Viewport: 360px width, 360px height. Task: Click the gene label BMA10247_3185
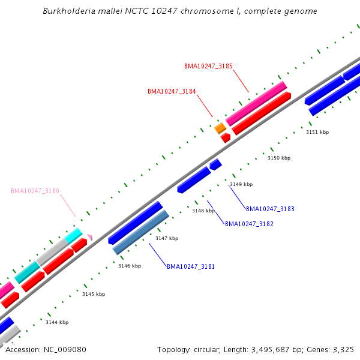208,66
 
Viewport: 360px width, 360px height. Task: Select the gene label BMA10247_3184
172,91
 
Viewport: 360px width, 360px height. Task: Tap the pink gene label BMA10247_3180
35,191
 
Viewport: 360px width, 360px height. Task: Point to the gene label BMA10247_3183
270,209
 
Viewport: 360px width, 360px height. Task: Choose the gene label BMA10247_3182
249,224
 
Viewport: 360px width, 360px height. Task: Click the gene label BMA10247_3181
191,266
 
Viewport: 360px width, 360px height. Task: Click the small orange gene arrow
220,128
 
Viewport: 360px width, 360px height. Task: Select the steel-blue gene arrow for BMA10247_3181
140,232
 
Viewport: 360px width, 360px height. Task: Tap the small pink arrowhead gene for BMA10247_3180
89,237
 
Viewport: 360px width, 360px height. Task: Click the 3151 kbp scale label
317,132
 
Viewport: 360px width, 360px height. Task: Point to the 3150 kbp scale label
278,158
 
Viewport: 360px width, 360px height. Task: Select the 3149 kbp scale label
241,184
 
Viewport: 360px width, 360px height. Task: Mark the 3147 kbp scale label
167,238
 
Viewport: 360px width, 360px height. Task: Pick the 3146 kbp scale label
130,266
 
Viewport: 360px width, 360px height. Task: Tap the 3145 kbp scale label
94,294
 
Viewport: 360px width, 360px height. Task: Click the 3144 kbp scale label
57,322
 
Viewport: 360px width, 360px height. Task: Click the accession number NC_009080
65,349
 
